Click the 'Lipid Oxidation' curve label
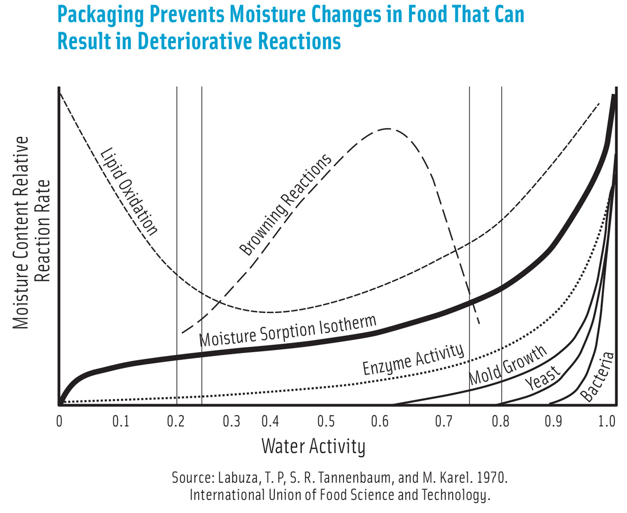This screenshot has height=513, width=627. (x=129, y=192)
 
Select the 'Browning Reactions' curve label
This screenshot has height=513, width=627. (x=285, y=205)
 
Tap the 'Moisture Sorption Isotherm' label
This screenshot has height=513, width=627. (x=287, y=331)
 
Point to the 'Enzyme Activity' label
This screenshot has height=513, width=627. (x=413, y=360)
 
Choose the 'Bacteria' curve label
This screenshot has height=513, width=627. (x=597, y=377)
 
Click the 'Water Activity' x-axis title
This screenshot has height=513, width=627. (x=313, y=446)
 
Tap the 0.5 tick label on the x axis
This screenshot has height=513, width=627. (x=326, y=421)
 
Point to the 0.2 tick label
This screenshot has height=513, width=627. (x=176, y=421)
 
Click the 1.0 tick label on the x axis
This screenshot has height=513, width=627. (x=607, y=421)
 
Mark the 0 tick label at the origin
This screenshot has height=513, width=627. (x=59, y=421)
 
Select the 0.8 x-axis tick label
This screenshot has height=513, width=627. (x=500, y=421)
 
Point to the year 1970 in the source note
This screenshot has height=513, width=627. (x=492, y=477)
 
